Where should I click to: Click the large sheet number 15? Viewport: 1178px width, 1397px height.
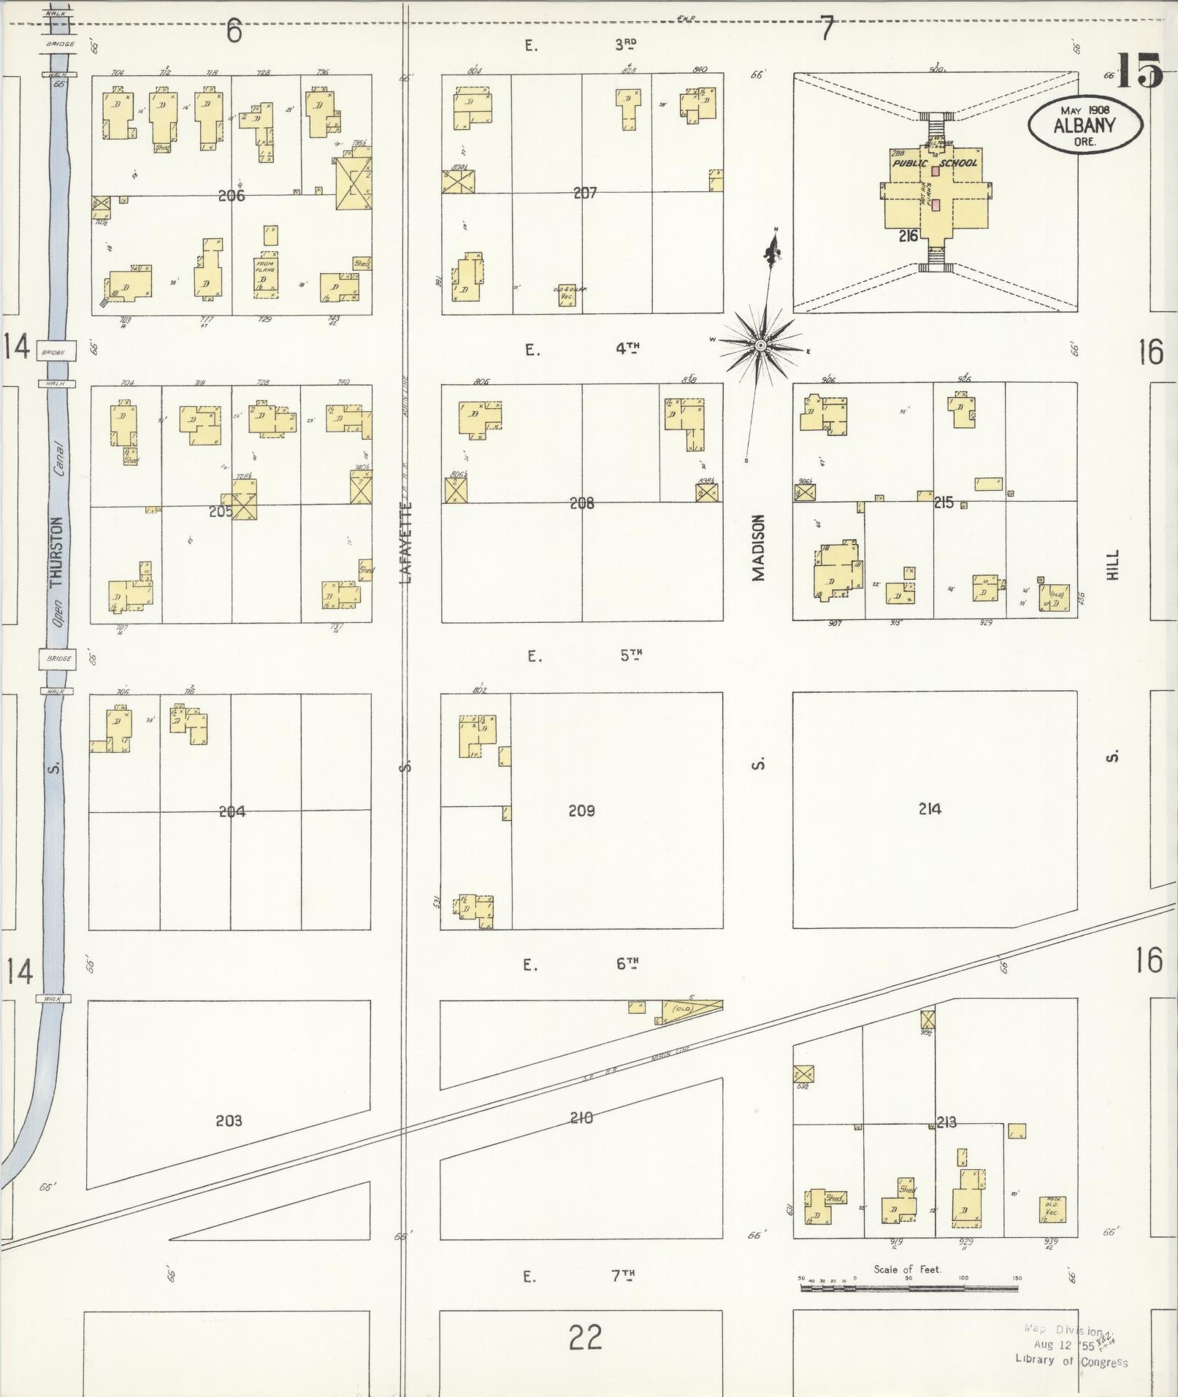pos(1139,71)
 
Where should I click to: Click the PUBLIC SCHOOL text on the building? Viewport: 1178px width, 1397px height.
pos(934,163)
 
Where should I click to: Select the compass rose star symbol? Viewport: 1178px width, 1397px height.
pos(760,345)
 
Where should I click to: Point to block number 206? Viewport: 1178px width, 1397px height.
pos(231,196)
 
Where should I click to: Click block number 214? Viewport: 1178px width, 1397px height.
pos(930,808)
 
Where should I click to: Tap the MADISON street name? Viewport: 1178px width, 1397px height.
pos(759,548)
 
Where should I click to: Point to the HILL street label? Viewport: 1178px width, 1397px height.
pos(1112,564)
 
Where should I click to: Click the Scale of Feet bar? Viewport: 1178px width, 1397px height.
pos(909,1288)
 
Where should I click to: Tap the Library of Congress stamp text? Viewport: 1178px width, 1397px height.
pos(1071,1361)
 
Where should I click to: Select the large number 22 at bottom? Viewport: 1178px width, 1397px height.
pos(585,1338)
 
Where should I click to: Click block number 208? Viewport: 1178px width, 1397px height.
pos(582,503)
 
